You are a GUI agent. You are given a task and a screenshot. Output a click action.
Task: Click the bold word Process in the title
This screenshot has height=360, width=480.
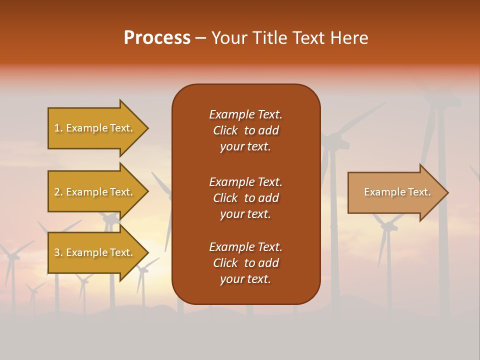click(x=157, y=38)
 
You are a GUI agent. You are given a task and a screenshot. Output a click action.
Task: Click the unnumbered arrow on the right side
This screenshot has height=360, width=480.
click(x=395, y=192)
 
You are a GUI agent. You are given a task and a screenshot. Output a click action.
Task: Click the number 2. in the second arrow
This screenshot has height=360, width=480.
click(x=58, y=192)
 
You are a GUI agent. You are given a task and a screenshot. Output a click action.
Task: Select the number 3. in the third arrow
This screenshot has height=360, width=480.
click(x=58, y=252)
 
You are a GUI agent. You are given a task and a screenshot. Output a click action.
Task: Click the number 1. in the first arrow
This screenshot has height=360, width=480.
click(x=58, y=128)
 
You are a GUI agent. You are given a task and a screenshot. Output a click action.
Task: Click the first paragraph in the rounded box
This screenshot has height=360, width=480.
click(x=245, y=130)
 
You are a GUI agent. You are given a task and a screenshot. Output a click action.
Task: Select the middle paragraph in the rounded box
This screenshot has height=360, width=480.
click(x=245, y=198)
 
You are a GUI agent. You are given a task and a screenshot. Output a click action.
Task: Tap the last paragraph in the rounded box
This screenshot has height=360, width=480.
click(x=245, y=263)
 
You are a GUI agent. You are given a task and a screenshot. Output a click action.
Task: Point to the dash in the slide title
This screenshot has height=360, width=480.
click(x=201, y=38)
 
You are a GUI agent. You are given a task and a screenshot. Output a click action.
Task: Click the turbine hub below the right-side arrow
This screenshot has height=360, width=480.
click(x=386, y=226)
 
